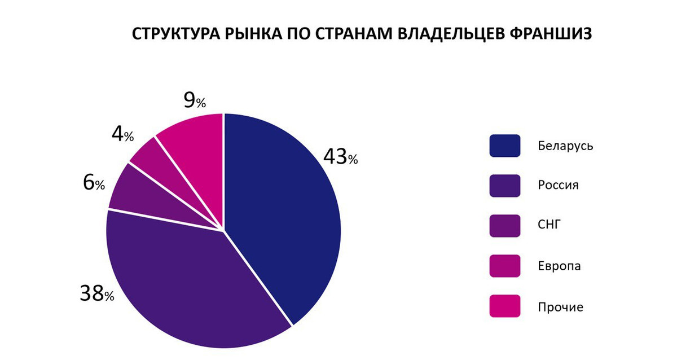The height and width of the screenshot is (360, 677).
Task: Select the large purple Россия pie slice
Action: click(x=186, y=282)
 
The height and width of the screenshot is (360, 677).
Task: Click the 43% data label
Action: click(x=340, y=157)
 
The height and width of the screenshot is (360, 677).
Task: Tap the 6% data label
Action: click(x=94, y=183)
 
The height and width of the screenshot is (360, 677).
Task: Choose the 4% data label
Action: click(x=122, y=135)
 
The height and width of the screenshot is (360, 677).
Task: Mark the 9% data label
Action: click(x=194, y=101)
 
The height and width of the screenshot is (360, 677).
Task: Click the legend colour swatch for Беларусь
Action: click(x=504, y=146)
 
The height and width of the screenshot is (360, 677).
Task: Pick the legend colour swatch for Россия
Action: click(x=504, y=186)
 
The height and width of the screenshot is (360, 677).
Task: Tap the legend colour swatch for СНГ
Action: click(x=504, y=226)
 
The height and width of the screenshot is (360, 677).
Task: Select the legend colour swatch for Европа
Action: click(x=504, y=266)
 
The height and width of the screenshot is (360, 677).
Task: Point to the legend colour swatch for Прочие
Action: click(x=504, y=306)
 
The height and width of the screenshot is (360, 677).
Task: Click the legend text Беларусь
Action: click(x=565, y=146)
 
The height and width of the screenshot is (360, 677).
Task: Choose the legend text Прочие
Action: click(x=560, y=307)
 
